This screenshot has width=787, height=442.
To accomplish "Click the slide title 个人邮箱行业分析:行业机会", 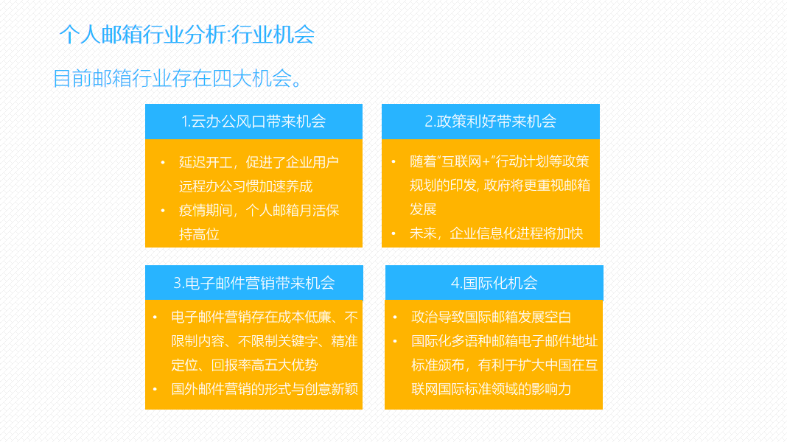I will click(x=187, y=35).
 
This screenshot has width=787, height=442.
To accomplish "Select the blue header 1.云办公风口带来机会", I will click(x=253, y=122).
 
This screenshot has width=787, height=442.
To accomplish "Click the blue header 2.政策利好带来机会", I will click(x=490, y=122).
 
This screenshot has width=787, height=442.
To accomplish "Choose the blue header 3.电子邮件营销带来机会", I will click(x=253, y=283).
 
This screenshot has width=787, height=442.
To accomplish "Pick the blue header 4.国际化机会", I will click(x=494, y=283).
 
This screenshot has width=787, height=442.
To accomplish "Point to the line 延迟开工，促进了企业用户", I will click(x=259, y=162).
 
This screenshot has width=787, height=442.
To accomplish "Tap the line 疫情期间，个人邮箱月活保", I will click(x=259, y=211).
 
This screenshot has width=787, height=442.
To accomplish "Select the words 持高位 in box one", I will click(x=199, y=234).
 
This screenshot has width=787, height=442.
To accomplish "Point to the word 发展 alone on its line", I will click(x=423, y=209).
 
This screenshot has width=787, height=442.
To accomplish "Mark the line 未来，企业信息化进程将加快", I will click(x=496, y=234).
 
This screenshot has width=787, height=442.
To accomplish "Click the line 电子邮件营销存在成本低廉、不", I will click(x=265, y=318).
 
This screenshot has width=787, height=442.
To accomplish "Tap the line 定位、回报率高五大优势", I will click(x=245, y=365).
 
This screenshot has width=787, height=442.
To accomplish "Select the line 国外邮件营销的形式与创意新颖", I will click(x=265, y=388).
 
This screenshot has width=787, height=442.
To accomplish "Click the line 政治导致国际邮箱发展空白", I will click(x=491, y=318).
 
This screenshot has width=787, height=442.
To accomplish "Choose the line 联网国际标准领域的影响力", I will click(x=491, y=388).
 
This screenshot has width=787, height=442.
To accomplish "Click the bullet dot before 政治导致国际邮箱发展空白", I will click(x=396, y=318).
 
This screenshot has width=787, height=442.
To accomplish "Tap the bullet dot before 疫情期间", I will click(x=163, y=211).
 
